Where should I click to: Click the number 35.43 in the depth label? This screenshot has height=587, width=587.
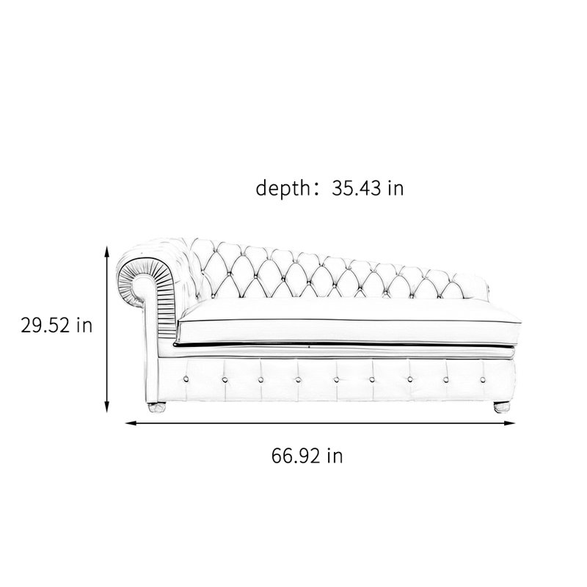coord(356,188)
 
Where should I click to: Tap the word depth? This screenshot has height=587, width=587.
coord(282,188)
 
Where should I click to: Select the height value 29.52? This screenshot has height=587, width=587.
coord(45,325)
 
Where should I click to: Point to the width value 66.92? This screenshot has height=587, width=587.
coord(296,456)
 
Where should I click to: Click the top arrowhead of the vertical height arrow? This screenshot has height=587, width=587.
coord(106,252)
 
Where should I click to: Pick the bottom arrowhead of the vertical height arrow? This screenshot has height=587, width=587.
coord(106,406)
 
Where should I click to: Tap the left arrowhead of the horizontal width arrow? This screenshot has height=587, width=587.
coord(131,423)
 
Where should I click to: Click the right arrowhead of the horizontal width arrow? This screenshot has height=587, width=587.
coord(509,423)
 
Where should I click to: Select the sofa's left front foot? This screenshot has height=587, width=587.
coord(157,407)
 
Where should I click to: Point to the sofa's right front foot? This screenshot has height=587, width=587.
coord(502,407)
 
